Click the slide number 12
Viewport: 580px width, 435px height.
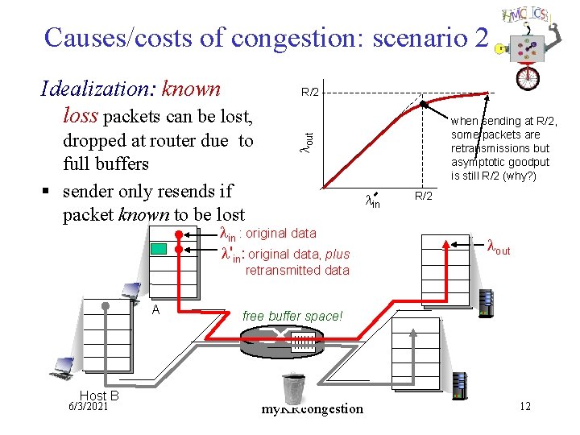point(525,406)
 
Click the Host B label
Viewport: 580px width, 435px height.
point(99,396)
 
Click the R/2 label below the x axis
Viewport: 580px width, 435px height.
point(424,196)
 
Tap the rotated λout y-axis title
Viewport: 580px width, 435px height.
point(306,138)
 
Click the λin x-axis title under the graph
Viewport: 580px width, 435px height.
point(372,201)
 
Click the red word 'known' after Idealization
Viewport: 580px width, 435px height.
point(191,89)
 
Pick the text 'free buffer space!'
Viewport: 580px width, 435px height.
point(292,316)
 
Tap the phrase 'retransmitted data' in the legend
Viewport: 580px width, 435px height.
point(297,271)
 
